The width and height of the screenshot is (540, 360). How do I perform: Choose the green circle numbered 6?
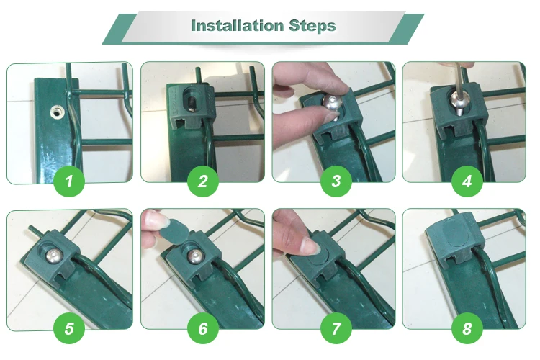coord(202,329)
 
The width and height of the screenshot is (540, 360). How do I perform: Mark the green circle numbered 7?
coord(335,329)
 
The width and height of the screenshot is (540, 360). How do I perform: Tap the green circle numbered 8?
coord(467,329)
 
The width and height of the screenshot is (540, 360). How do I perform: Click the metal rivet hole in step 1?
coord(55,112)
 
